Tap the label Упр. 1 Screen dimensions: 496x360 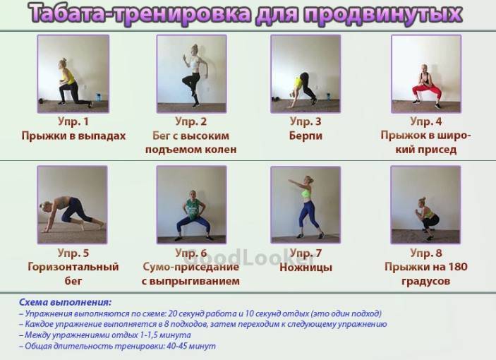click(73, 121)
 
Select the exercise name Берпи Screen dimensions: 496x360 click(306, 136)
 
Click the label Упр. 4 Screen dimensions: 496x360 click(425, 121)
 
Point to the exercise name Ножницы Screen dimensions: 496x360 click(306, 268)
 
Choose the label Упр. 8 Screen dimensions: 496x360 click(425, 253)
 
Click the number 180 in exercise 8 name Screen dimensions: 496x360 click(457, 267)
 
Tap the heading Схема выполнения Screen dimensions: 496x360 click(65, 302)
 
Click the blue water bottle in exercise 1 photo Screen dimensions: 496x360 click(98, 97)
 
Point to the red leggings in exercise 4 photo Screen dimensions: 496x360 click(426, 91)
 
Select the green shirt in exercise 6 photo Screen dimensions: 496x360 click(192, 208)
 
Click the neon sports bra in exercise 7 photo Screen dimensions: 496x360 click(306, 193)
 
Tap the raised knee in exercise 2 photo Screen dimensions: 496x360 click(185, 80)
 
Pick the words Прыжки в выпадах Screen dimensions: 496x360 click(73, 136)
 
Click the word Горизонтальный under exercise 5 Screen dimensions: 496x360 click(73, 267)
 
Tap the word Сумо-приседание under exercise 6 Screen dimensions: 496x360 click(190, 267)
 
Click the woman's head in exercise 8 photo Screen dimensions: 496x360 click(421, 202)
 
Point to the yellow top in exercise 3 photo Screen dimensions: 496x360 click(298, 83)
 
